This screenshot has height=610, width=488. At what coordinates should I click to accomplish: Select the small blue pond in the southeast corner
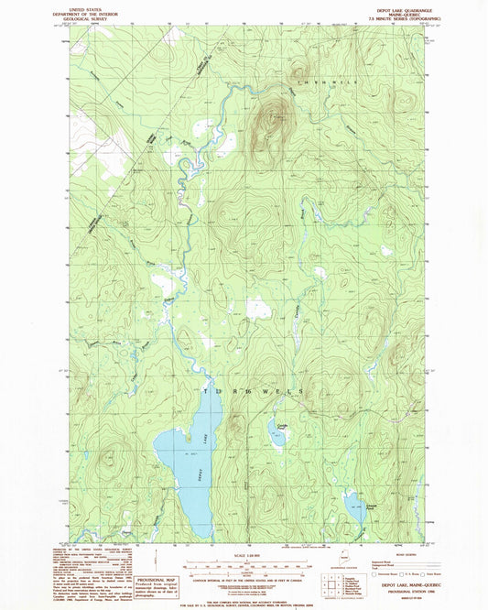353,504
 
